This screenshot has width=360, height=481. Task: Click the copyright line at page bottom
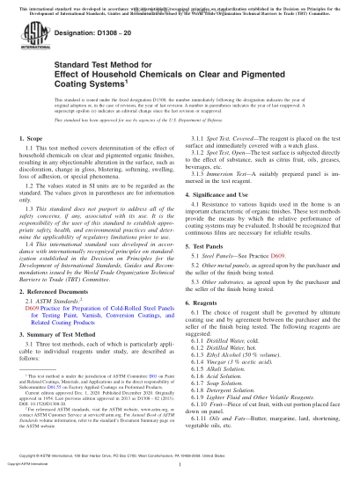coord(180,472)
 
